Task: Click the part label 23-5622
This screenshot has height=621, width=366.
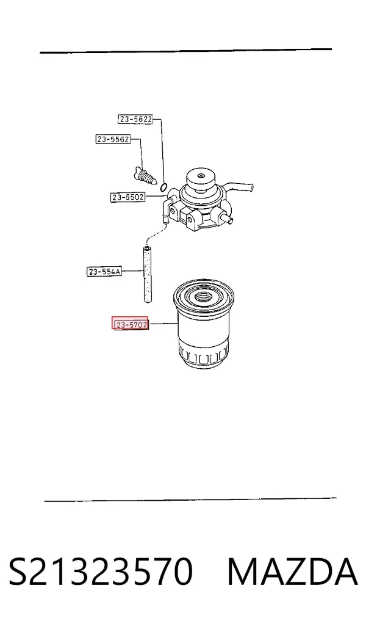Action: pos(135,119)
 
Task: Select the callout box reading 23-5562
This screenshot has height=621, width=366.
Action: pos(113,139)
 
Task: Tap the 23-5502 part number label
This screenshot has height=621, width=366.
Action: pos(127,197)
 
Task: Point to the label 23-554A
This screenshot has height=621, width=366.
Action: pos(104,271)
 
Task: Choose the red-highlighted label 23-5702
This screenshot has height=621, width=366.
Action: pos(131,324)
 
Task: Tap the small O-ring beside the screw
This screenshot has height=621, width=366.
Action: pos(165,186)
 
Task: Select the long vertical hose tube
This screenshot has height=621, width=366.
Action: pos(147,274)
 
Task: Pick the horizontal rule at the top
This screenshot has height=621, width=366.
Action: pos(185,51)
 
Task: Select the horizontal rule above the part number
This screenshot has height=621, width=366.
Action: pos(190,499)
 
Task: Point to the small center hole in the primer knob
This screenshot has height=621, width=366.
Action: pos(201,175)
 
